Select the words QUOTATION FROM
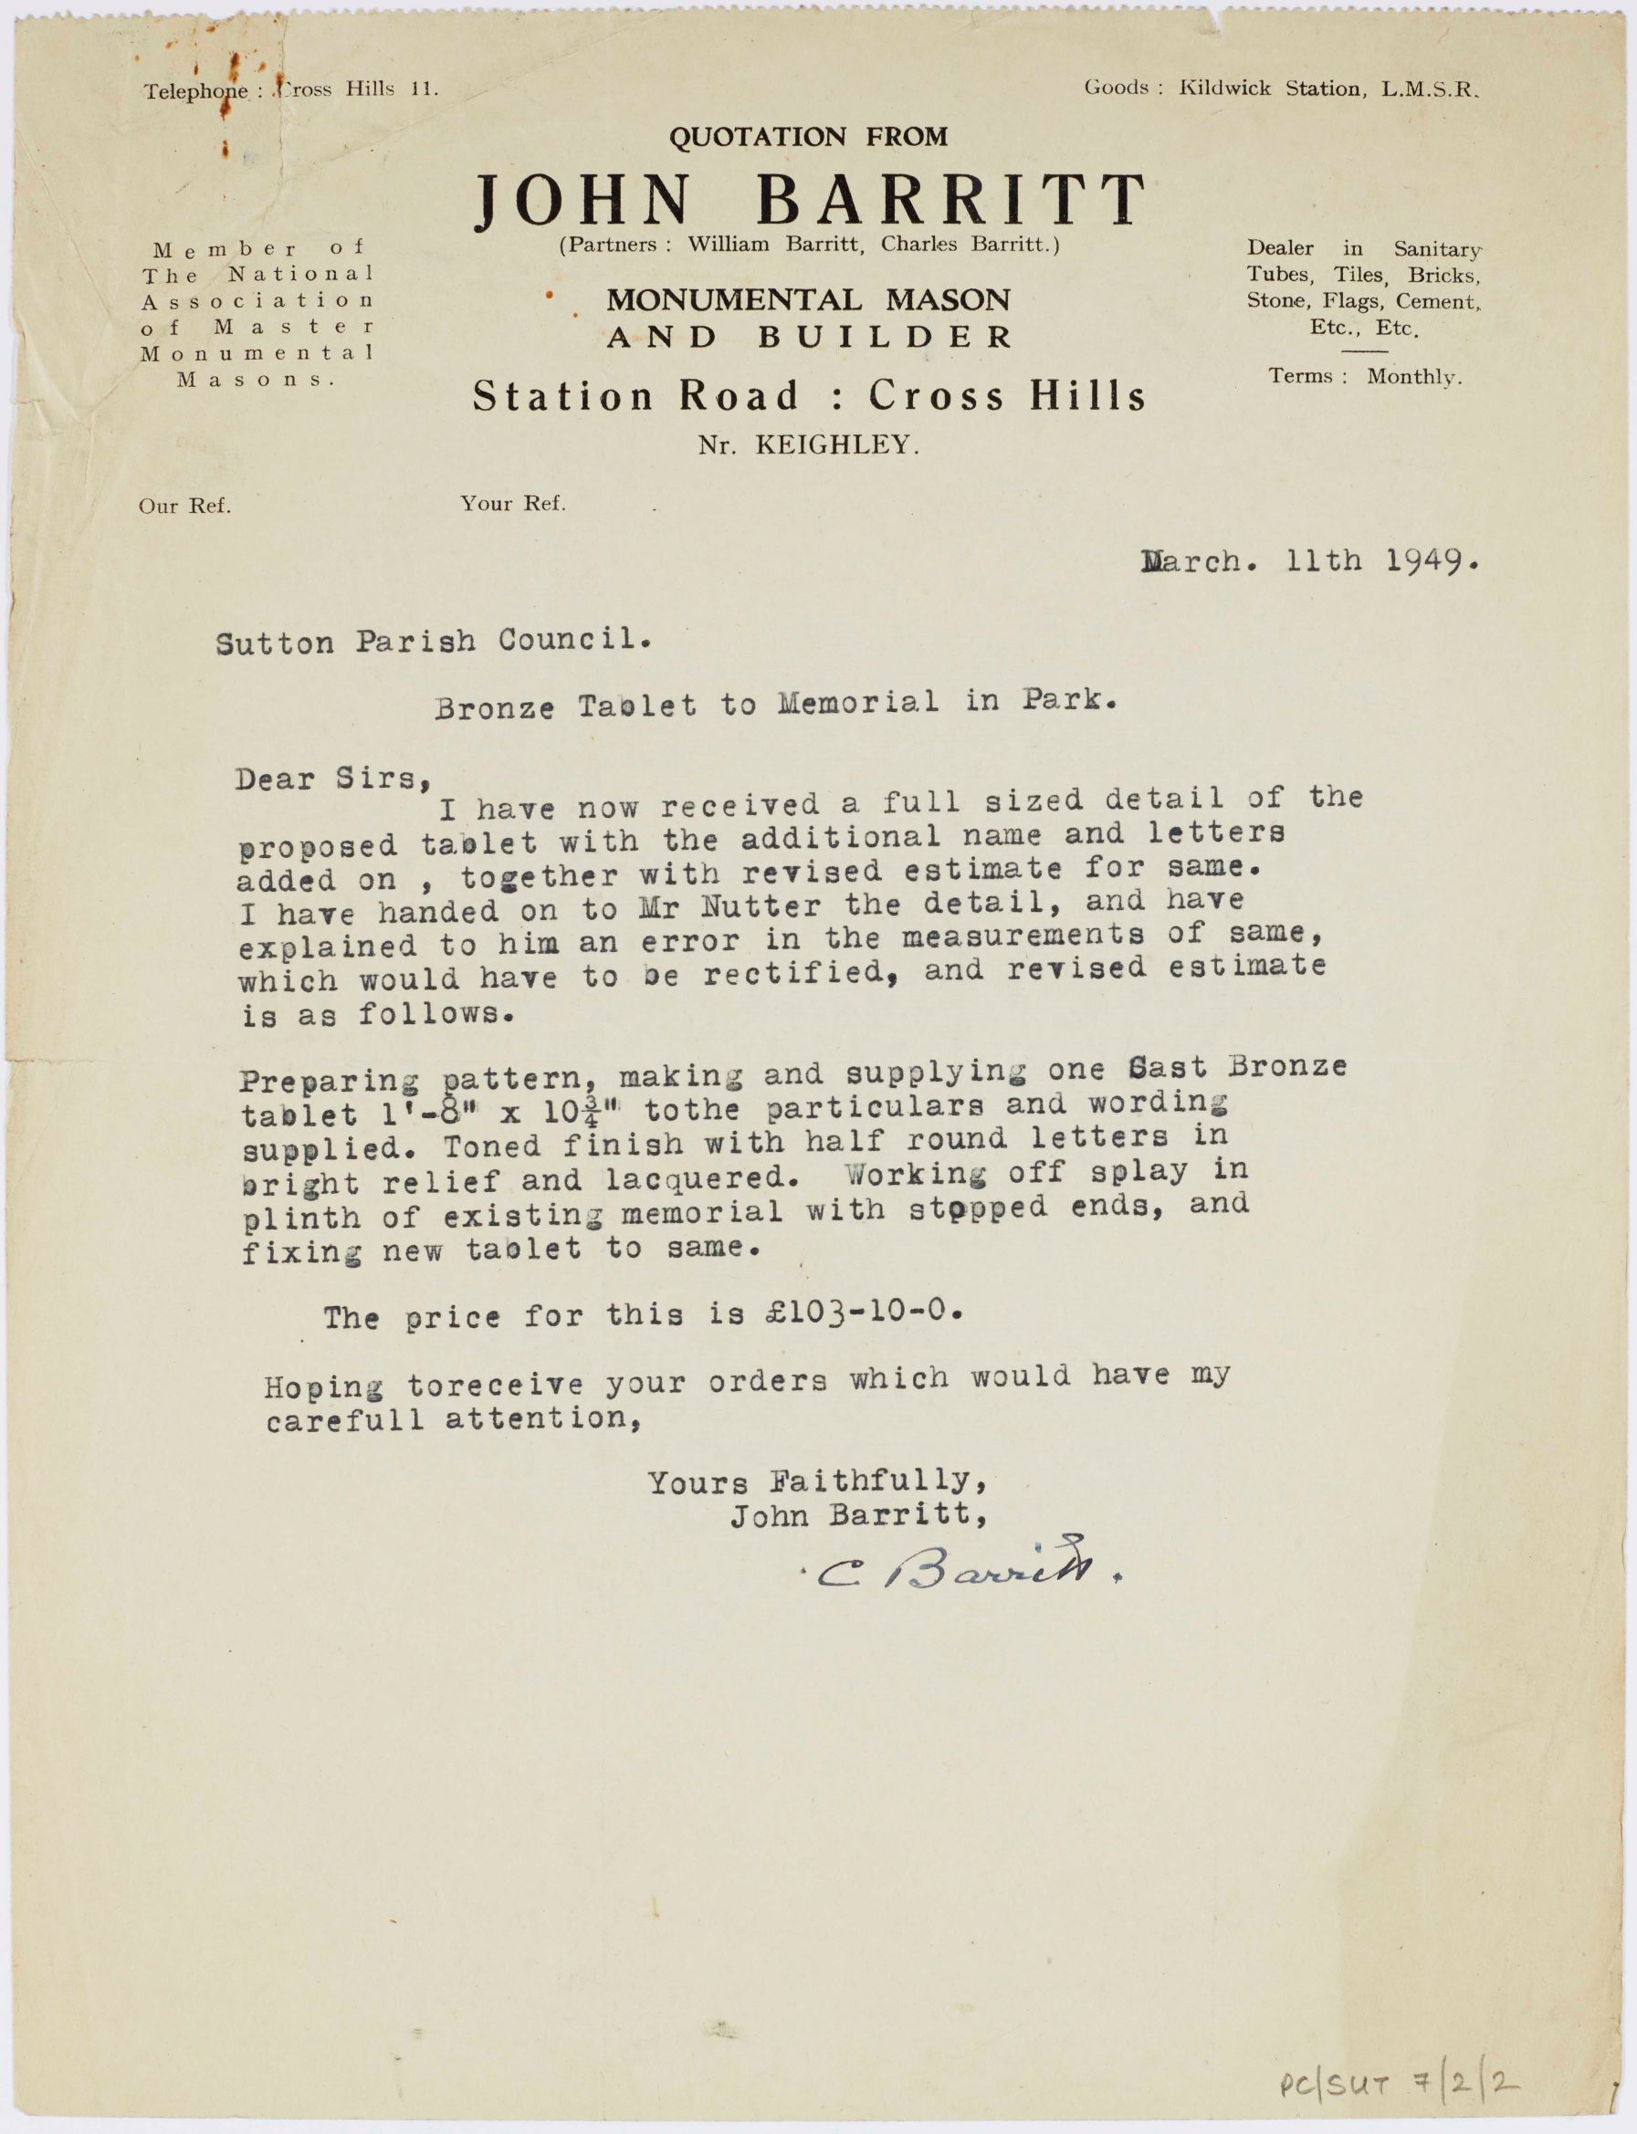pos(808,137)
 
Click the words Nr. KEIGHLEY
pos(808,446)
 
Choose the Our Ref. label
pos(184,507)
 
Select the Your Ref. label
pos(512,504)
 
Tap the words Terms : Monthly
pos(1364,377)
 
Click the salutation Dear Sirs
pos(331,779)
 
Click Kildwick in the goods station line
pos(1223,89)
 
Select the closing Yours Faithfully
pos(818,1481)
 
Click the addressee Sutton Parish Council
pos(432,642)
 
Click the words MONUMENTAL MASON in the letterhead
pos(808,300)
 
